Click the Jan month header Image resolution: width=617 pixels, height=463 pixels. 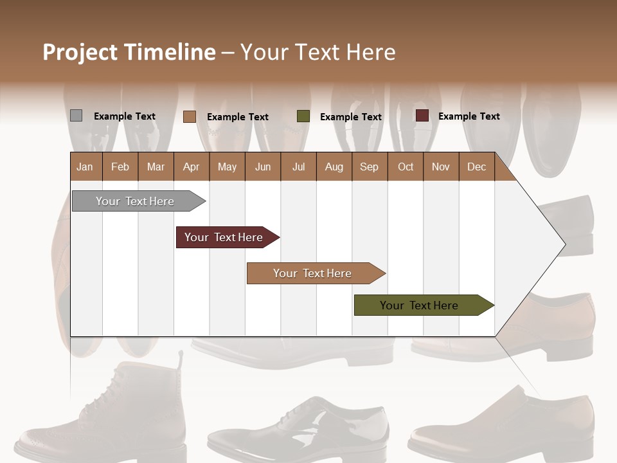85,167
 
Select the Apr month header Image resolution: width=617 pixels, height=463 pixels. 191,167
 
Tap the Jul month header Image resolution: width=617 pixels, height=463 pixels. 298,167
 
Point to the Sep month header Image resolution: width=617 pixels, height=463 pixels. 369,167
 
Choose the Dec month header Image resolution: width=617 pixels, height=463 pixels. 476,167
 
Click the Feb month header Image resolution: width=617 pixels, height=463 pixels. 120,167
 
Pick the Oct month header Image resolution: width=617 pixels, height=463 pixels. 406,167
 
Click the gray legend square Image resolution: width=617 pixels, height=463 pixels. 76,116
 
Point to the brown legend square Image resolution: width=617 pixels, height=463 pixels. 189,116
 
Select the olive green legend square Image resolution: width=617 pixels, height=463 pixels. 303,116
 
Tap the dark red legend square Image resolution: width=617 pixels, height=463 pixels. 422,116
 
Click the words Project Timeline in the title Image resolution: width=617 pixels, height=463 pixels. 129,52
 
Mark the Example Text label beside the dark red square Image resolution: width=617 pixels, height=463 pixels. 469,116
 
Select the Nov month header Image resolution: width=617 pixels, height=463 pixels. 441,167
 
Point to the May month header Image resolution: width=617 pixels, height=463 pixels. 227,167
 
